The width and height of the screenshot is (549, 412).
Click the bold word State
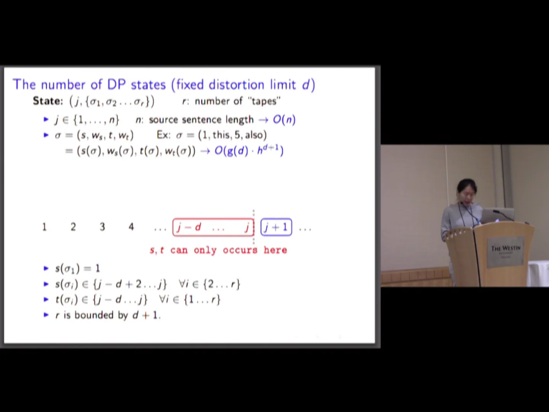(47, 101)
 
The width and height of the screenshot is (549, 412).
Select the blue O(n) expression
(284, 120)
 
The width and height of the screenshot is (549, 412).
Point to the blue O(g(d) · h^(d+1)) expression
(249, 151)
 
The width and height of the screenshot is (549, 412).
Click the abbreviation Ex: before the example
(164, 135)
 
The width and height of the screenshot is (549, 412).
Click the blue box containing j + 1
(276, 227)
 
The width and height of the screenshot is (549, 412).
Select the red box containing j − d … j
(213, 227)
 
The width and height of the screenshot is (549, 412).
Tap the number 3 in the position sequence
(102, 227)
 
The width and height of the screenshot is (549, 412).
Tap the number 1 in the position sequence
(44, 227)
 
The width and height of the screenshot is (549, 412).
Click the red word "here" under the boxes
(275, 250)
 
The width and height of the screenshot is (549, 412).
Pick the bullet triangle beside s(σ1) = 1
(46, 269)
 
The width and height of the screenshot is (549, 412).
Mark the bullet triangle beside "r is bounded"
(46, 315)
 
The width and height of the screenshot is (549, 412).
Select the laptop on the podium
(496, 216)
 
